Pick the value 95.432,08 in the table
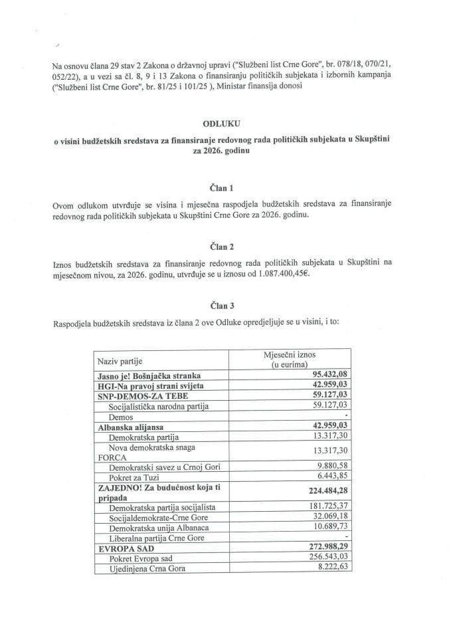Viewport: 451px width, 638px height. point(328,375)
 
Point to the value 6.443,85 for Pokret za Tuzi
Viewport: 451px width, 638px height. point(332,477)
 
